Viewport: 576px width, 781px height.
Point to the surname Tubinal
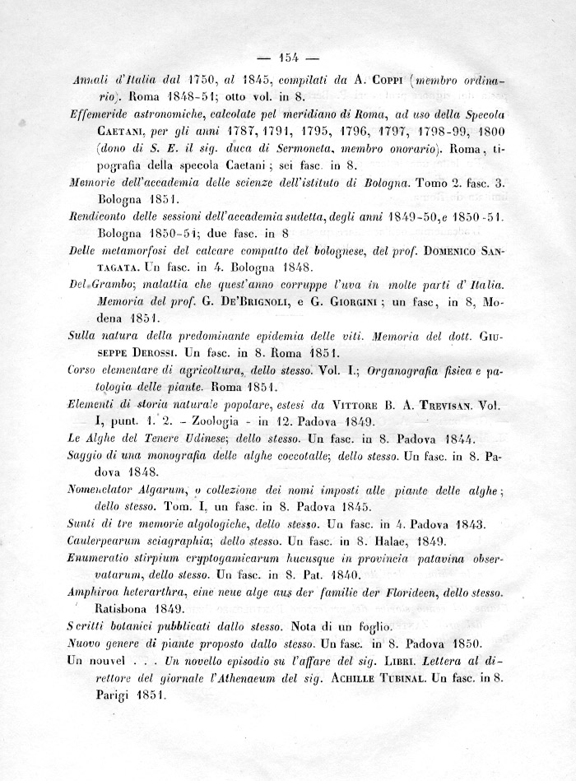pos(405,676)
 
